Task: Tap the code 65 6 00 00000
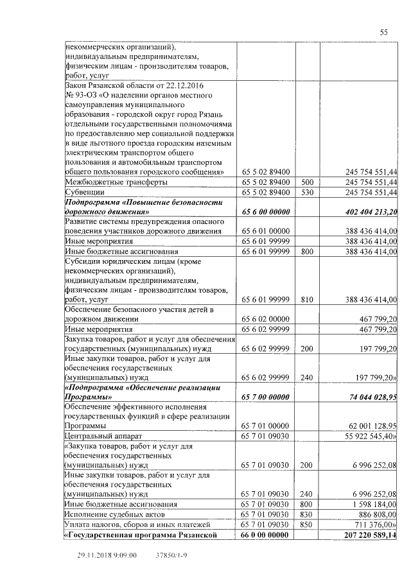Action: click(266, 211)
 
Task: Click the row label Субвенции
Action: click(84, 192)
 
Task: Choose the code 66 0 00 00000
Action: click(266, 534)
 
